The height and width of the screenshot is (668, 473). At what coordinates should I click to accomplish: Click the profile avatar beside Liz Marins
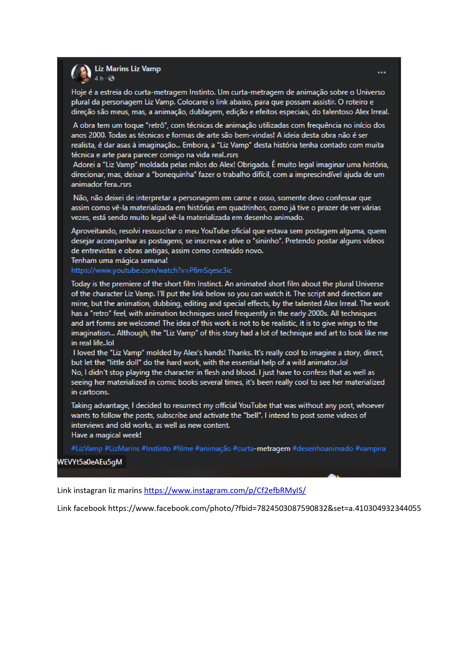click(x=81, y=73)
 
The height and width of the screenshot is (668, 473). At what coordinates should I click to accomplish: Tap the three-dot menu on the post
click(x=382, y=73)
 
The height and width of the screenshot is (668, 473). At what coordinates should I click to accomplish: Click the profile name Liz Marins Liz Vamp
click(x=127, y=69)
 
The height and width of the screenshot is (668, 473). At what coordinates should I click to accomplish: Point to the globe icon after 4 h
click(x=111, y=78)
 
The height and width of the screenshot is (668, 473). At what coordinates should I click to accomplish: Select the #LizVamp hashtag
click(x=87, y=448)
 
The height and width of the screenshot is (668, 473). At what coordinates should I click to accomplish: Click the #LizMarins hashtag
click(x=122, y=448)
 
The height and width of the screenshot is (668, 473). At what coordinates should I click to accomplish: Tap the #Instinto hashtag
click(x=156, y=448)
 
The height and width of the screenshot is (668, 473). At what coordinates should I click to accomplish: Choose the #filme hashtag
click(x=183, y=448)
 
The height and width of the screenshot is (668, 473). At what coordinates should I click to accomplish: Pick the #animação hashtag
click(x=213, y=448)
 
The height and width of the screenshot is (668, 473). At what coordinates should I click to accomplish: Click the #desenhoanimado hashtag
click(x=322, y=448)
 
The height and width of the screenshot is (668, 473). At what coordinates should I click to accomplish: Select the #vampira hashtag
click(x=370, y=448)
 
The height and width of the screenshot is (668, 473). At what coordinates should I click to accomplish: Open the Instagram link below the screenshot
click(x=225, y=490)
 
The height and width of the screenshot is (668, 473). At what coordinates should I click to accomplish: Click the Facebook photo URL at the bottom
click(x=265, y=508)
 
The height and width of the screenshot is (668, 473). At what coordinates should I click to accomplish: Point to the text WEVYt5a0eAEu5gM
click(x=90, y=462)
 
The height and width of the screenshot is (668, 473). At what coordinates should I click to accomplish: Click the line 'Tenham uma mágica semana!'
click(x=119, y=260)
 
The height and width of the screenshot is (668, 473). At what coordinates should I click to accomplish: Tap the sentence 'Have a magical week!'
click(x=106, y=435)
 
